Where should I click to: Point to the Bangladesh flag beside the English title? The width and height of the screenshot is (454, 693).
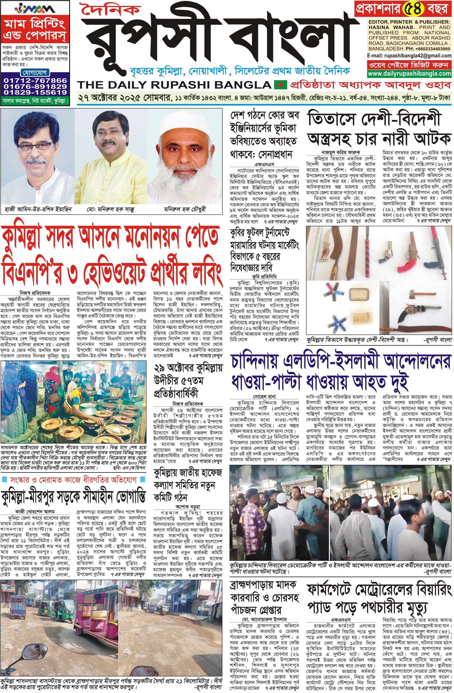280,85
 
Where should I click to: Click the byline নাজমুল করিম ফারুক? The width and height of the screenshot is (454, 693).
340,152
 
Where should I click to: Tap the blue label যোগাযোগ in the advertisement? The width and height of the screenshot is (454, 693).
35,72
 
